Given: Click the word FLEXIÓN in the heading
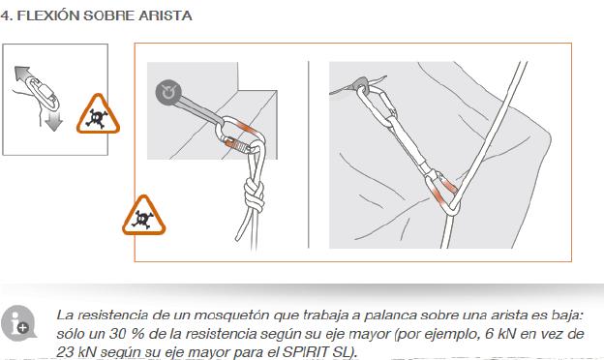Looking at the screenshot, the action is [x=48, y=15].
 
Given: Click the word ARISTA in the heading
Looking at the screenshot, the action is [x=165, y=15].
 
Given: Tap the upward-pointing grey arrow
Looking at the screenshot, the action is [x=22, y=74].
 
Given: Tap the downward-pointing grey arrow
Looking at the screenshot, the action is [x=53, y=122].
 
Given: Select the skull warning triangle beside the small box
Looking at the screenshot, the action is [x=98, y=114].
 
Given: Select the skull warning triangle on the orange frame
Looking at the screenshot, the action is [x=143, y=216].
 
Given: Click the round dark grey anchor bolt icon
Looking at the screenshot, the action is [x=168, y=93].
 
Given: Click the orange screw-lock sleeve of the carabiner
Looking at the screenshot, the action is [x=237, y=145].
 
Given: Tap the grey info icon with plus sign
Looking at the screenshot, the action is [x=17, y=323].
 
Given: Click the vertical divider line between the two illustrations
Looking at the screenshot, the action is [x=309, y=155].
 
